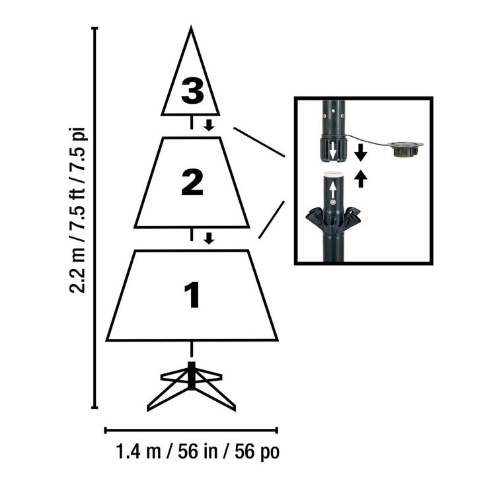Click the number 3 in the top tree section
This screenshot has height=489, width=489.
click(x=192, y=91)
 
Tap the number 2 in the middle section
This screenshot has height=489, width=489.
click(x=192, y=182)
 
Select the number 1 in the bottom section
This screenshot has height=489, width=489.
click(x=192, y=295)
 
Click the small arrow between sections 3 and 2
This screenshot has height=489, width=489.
click(x=209, y=125)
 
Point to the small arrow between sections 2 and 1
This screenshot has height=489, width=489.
click(x=209, y=237)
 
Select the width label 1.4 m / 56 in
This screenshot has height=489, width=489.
click(x=198, y=453)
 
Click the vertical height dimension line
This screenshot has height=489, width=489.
click(x=95, y=218)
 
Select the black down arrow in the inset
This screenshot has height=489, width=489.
click(x=360, y=153)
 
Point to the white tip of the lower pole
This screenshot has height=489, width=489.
click(x=333, y=174)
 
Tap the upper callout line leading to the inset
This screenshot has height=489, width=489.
click(x=258, y=142)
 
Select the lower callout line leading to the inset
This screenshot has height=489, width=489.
click(x=271, y=220)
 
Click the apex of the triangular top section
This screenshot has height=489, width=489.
click(x=191, y=30)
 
